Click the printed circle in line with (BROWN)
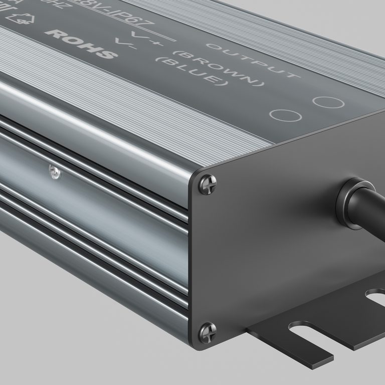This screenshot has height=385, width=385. click(x=328, y=102)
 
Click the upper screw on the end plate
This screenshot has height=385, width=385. click(x=208, y=184)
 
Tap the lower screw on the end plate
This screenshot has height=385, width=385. click(x=208, y=331)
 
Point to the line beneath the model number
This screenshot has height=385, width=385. click(x=150, y=32)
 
